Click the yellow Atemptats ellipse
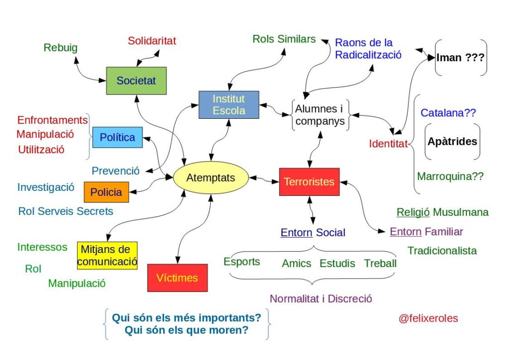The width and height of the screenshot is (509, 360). pos(211,178)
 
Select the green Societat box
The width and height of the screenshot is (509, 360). pos(136,81)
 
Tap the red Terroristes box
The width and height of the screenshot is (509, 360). pos(309,181)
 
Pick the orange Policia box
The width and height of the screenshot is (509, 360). pos(106,192)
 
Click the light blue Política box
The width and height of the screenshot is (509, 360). pos(117,137)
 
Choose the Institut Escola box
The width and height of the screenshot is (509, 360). pos(229,104)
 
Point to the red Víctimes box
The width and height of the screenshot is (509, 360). pos(177,277)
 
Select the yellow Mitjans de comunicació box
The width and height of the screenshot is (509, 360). pos(107,255)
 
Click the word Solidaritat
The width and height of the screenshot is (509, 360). pos(152,41)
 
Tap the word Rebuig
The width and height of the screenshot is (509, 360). pos(61,48)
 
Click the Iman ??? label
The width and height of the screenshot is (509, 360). pos(461,58)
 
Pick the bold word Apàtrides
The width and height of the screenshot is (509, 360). pos(452,141)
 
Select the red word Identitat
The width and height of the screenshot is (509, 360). pos(388,144)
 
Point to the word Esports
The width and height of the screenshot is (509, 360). pos(242,262)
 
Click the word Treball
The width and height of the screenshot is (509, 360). pos(380,263)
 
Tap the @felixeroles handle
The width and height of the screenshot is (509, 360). pos(428,318)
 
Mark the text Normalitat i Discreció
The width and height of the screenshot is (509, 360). pos(321,299)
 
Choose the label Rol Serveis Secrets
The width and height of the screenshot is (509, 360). pos(66,211)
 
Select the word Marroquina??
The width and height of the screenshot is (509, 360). pos(450,176)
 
